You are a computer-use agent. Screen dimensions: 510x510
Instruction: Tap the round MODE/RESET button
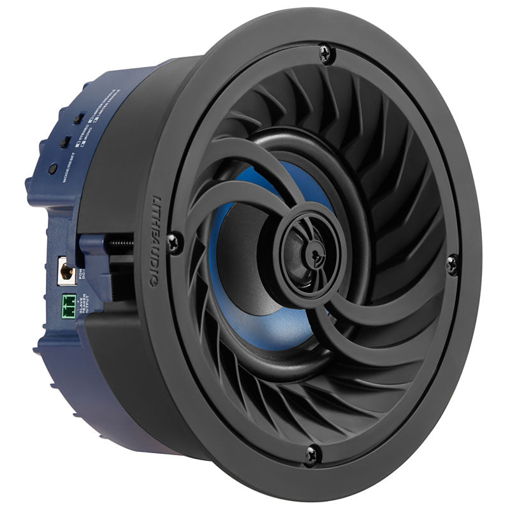53,169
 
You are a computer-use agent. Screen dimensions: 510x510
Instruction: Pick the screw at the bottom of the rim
312,454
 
